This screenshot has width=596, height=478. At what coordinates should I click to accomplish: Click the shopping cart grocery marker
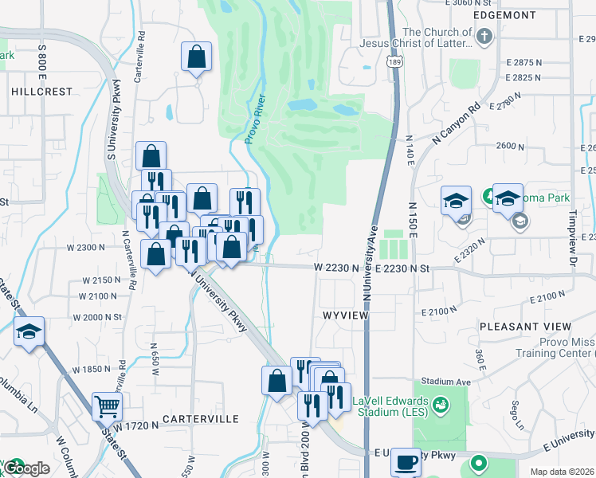(x=107, y=407)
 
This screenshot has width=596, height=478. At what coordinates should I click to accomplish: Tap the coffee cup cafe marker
(x=406, y=461)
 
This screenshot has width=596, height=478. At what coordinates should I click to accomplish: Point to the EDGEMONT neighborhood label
(x=504, y=15)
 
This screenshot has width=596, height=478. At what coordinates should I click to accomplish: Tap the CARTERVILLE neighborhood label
(x=201, y=418)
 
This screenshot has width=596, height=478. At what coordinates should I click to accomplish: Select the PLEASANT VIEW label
(x=525, y=327)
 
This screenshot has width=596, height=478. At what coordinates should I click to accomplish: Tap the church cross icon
(x=484, y=36)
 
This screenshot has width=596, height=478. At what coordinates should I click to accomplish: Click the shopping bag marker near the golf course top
(x=197, y=57)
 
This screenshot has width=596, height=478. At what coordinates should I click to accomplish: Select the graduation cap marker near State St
(x=29, y=332)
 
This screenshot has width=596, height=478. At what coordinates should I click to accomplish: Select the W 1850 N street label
(x=92, y=370)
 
